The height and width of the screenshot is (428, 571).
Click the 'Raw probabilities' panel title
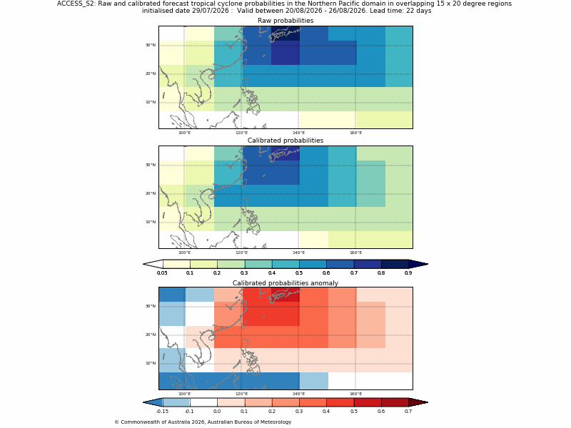pyautogui.click(x=285, y=21)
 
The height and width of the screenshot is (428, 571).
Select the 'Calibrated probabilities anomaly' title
pyautogui.click(x=285, y=283)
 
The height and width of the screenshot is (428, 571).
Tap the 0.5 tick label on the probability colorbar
pyautogui.click(x=299, y=273)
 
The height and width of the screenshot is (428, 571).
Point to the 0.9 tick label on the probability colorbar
pyautogui.click(x=408, y=273)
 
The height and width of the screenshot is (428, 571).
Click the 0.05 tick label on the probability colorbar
pyautogui.click(x=162, y=273)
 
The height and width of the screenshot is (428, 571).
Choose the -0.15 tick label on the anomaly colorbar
pyautogui.click(x=162, y=412)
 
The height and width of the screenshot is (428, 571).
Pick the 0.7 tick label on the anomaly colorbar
pyautogui.click(x=408, y=412)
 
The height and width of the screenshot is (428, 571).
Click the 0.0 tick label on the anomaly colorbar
pyautogui.click(x=217, y=412)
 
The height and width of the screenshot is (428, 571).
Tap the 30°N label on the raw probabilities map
pyautogui.click(x=151, y=45)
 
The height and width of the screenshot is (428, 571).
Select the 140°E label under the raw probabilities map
pyautogui.click(x=298, y=133)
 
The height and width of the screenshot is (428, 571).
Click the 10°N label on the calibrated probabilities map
pyautogui.click(x=151, y=222)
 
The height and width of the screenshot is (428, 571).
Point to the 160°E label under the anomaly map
pyautogui.click(x=355, y=394)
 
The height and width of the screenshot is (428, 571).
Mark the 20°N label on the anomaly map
pyautogui.click(x=151, y=335)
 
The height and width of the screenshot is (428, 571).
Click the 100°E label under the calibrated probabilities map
pyautogui.click(x=184, y=253)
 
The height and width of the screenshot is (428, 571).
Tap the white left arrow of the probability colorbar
pyautogui.click(x=153, y=264)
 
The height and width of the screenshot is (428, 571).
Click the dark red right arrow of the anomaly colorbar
pyautogui.click(x=418, y=402)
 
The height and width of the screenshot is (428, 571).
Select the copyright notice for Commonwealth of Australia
pyautogui.click(x=203, y=422)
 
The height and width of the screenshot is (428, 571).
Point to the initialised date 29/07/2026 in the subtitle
pyautogui.click(x=210, y=11)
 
